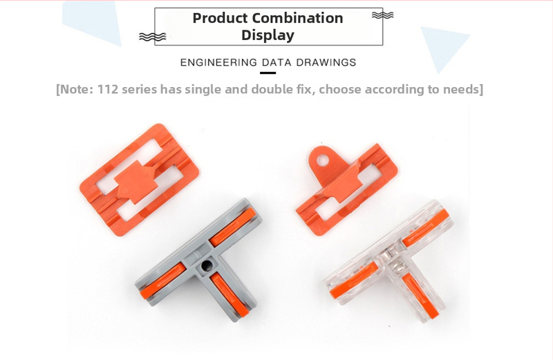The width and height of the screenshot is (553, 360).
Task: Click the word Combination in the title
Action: (x=298, y=18)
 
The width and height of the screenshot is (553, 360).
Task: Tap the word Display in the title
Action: (x=268, y=35)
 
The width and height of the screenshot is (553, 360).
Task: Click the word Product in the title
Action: (x=220, y=18)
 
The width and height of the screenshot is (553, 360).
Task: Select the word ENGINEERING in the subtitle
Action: (x=218, y=62)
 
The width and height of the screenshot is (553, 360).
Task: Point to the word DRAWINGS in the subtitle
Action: (x=326, y=62)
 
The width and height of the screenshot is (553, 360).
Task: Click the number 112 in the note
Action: (x=108, y=89)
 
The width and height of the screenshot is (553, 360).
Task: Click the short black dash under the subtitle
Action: (x=268, y=73)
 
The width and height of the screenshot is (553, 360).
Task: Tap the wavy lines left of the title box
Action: (x=152, y=37)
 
